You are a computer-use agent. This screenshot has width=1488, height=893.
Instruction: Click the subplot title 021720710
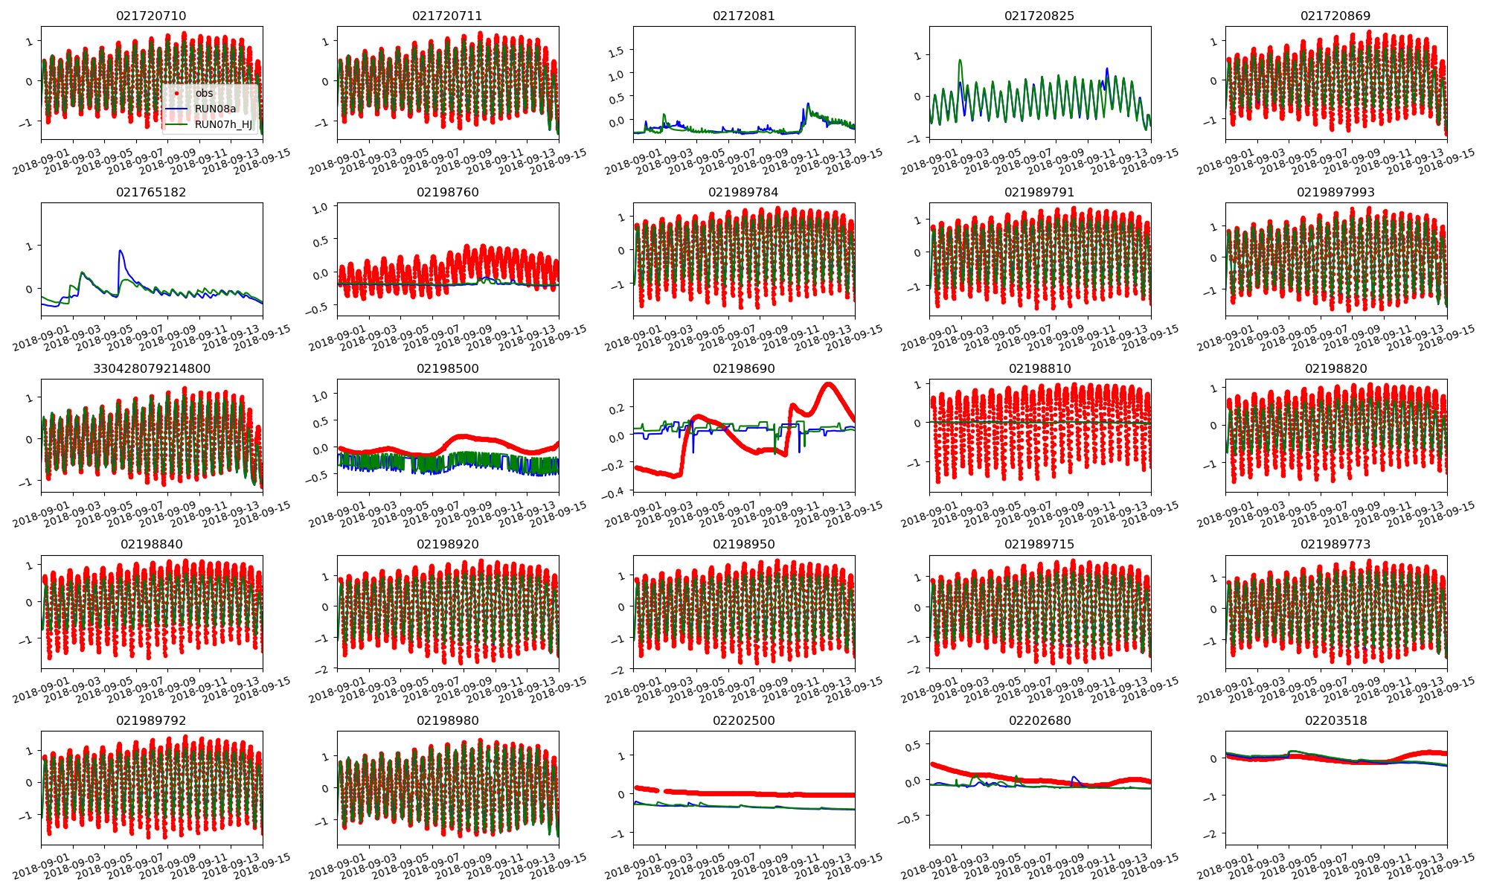click(x=151, y=16)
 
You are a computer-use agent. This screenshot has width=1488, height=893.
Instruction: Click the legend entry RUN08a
click(x=215, y=109)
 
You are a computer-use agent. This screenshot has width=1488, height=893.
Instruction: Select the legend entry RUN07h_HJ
click(x=223, y=124)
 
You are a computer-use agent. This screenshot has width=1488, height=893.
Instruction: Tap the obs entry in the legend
click(x=204, y=93)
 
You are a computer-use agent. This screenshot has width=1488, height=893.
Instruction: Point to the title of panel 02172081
click(x=743, y=16)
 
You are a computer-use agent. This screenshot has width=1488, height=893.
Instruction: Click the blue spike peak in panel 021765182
click(x=120, y=251)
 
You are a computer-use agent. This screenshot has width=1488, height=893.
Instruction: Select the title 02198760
click(x=447, y=192)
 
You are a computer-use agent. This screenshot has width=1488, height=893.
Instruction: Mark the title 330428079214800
click(x=151, y=368)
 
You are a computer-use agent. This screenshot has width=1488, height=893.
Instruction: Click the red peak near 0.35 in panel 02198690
click(x=828, y=384)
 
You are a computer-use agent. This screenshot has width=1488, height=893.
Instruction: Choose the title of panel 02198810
click(x=1039, y=368)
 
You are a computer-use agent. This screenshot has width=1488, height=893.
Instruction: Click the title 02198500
click(x=447, y=368)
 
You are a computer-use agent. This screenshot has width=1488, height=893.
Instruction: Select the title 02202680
click(x=1039, y=720)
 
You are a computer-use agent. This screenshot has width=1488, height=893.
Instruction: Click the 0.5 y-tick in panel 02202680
click(x=912, y=745)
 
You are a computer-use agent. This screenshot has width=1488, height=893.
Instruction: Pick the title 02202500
click(x=743, y=720)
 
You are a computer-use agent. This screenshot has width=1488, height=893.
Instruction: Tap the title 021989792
click(x=151, y=720)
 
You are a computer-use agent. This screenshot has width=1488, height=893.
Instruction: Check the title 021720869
click(x=1335, y=16)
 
